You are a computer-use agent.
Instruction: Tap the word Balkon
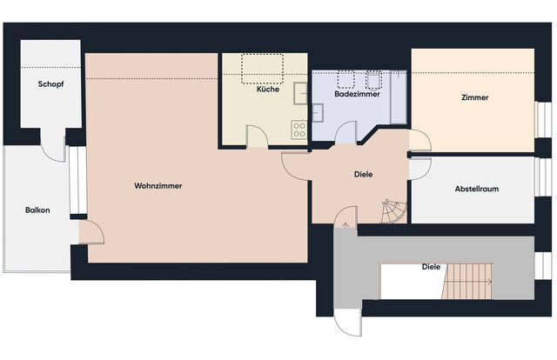[x=37, y=210]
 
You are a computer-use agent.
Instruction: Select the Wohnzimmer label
[x=158, y=185]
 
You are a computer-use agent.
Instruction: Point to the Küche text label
[x=267, y=90]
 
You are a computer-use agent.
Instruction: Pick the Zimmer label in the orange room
[x=475, y=98]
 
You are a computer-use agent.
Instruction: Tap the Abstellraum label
[x=476, y=189]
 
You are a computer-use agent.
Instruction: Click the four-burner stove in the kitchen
[x=299, y=130]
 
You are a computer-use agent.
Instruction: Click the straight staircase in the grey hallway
[x=469, y=282]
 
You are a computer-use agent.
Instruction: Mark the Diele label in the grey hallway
[x=430, y=266]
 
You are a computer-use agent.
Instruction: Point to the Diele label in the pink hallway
[x=364, y=174]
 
